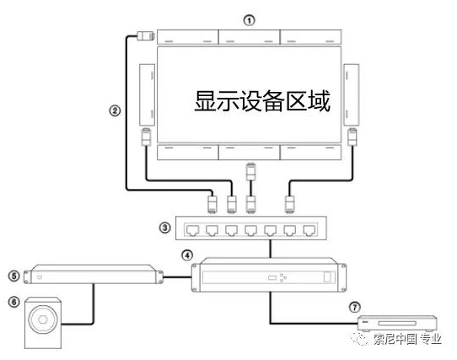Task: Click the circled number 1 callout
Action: (249, 20)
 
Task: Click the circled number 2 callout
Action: (115, 110)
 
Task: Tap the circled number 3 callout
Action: (165, 228)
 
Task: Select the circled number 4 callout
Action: (187, 255)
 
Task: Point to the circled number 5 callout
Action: (14, 276)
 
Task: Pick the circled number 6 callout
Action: (14, 302)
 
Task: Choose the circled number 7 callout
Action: (355, 307)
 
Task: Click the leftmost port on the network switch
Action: (192, 230)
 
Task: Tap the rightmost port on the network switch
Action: (309, 230)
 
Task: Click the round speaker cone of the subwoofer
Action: (43, 320)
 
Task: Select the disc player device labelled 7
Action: (397, 323)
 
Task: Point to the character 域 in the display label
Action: (320, 101)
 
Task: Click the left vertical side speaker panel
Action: (147, 95)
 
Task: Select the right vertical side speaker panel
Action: (352, 95)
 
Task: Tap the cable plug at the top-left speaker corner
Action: (145, 36)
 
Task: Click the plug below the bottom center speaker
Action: (251, 172)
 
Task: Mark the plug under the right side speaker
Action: (352, 137)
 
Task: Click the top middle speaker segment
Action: (250, 37)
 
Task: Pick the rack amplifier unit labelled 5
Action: (94, 275)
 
